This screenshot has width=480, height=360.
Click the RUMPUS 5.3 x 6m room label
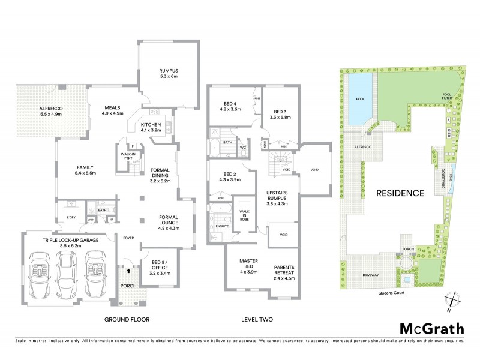[169, 73]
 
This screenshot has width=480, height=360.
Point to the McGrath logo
[431, 328]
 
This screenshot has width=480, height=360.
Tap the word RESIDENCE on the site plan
[400, 193]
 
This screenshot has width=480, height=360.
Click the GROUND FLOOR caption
[127, 319]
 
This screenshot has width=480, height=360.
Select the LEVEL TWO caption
[257, 319]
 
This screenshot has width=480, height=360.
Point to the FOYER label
[127, 238]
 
